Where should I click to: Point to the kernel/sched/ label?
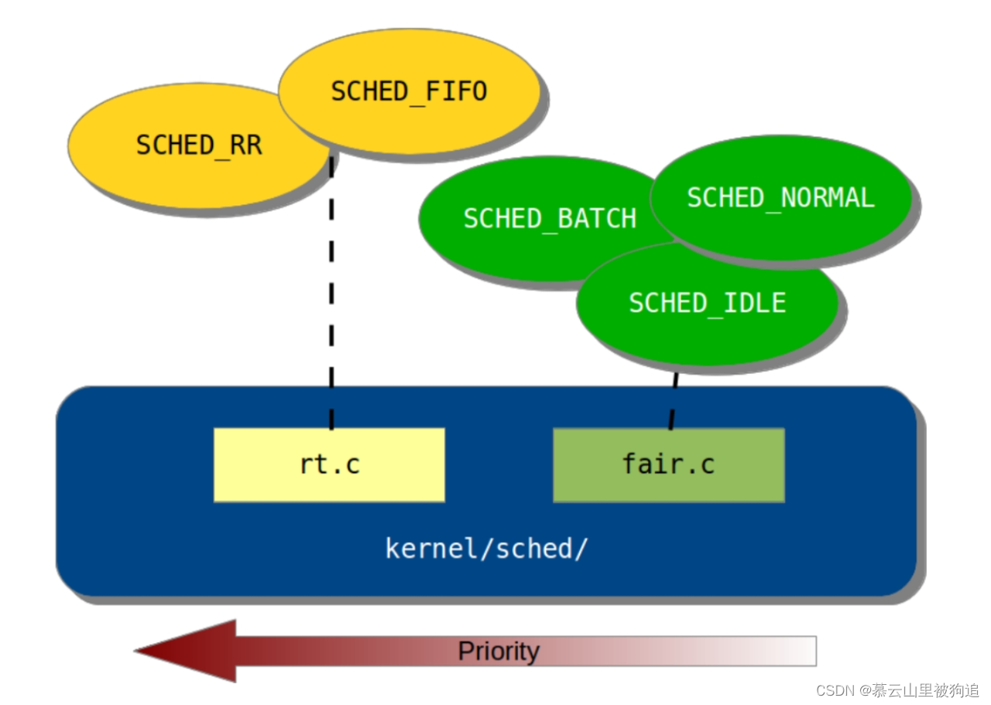(486, 548)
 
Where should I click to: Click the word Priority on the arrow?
(499, 651)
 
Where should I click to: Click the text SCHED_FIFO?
(409, 92)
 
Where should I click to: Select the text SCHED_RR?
(199, 145)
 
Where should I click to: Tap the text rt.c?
(330, 464)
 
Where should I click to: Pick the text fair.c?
(668, 464)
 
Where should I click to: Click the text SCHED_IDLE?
(707, 303)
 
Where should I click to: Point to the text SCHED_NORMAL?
(780, 198)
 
